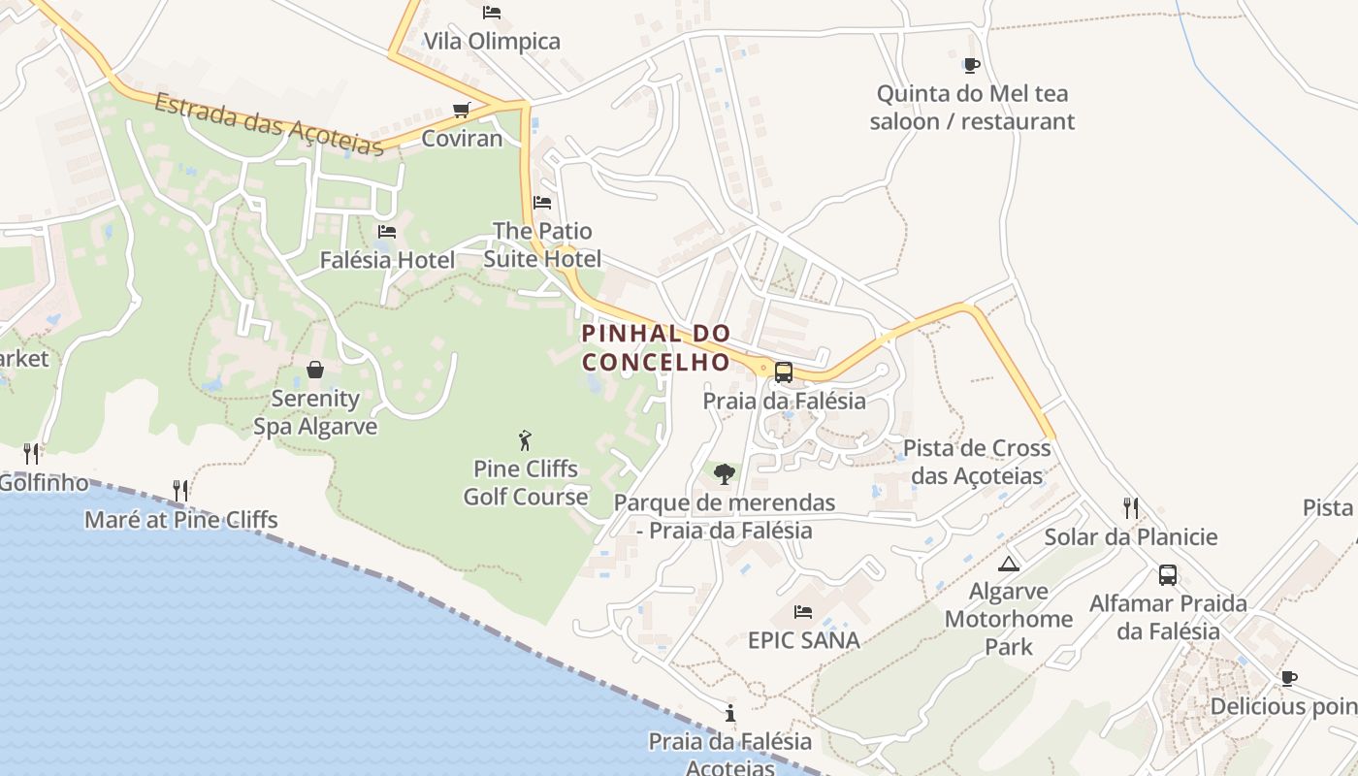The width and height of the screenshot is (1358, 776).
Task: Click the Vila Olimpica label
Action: pos(492,41)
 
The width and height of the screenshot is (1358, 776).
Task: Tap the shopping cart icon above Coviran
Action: pos(462,110)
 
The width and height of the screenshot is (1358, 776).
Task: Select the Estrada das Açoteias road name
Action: pos(269,124)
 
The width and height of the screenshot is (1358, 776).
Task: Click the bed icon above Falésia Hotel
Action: pos(387,232)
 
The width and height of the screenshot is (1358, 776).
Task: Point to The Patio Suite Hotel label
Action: pos(542,244)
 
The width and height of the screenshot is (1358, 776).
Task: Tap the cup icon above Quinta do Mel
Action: pos(971,66)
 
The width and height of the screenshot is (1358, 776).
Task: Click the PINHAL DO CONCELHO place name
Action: pos(656,347)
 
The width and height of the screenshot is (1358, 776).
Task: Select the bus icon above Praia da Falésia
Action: pos(784,372)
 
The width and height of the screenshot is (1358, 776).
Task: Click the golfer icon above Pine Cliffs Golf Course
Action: pos(525,440)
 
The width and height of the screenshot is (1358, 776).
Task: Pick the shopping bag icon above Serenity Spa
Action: pos(315,370)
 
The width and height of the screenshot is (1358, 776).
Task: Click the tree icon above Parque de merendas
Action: pos(724,474)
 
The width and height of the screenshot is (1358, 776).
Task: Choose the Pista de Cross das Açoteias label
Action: pos(977,462)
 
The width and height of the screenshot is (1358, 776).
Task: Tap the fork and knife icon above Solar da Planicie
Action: pos(1130,507)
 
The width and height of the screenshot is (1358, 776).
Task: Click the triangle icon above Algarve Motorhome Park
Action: pos(1009,564)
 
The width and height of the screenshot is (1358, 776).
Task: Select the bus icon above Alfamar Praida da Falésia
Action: pos(1168,574)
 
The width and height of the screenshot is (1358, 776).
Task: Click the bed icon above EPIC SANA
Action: pos(803,612)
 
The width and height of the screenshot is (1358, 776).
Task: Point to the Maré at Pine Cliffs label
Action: pos(180,520)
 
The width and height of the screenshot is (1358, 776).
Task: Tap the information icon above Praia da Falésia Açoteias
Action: pos(730,714)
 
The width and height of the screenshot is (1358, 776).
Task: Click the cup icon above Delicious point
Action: pos(1288,678)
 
